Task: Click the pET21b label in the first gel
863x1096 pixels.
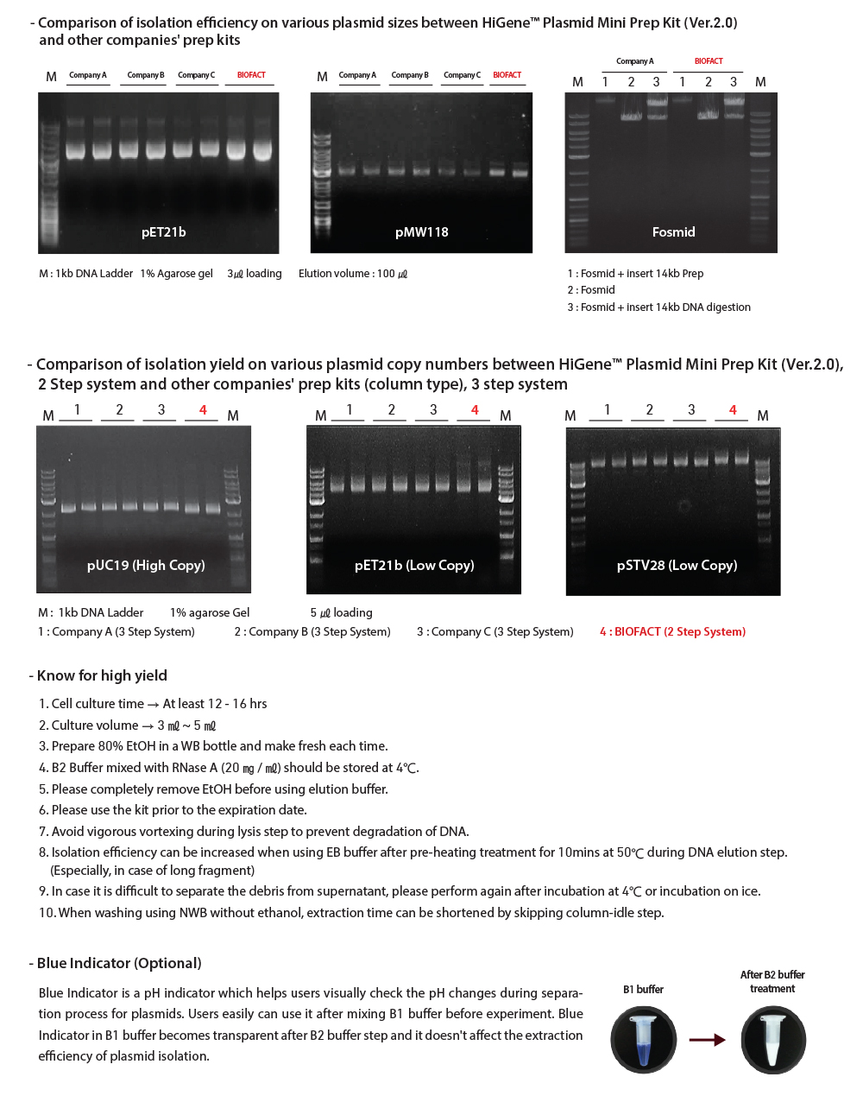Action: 164,232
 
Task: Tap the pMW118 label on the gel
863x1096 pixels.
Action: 421,232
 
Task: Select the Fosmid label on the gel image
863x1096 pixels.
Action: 673,232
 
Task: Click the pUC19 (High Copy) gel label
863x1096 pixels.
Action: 146,566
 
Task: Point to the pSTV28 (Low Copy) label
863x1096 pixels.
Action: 677,566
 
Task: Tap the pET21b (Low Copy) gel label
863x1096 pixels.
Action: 414,566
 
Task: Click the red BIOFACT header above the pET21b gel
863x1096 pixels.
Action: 251,75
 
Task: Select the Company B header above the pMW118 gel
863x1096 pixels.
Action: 410,75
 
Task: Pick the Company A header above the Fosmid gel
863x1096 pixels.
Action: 634,61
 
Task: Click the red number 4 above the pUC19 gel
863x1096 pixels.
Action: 203,410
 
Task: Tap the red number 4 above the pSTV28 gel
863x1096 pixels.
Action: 733,410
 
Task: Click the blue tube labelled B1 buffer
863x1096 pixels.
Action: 643,1039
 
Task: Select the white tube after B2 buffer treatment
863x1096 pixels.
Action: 773,1039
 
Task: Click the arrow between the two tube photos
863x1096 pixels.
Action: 707,1040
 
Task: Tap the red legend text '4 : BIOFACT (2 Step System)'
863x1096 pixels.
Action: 672,632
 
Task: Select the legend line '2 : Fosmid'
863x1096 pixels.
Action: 591,290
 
